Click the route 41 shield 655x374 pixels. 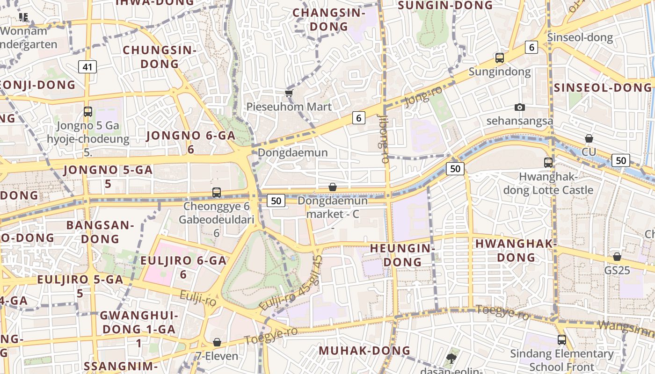click(x=87, y=67)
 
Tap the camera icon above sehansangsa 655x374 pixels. click(x=519, y=108)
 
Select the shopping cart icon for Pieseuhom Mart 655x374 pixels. click(x=289, y=93)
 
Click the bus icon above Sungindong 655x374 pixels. click(x=500, y=58)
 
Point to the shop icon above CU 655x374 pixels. click(x=589, y=138)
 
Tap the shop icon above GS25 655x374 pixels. click(x=617, y=257)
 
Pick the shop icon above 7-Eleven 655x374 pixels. click(x=217, y=343)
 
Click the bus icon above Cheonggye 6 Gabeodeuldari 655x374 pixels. click(x=217, y=192)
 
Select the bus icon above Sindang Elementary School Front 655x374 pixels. click(x=561, y=340)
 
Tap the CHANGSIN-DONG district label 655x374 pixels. click(x=329, y=20)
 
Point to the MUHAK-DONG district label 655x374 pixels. click(x=364, y=351)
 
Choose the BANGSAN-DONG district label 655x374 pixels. click(x=100, y=232)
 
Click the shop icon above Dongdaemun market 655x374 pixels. click(x=333, y=187)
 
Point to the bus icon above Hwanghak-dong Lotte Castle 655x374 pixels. click(x=548, y=163)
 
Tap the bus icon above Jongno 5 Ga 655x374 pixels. click(x=88, y=112)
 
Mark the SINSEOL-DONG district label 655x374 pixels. click(x=603, y=87)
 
